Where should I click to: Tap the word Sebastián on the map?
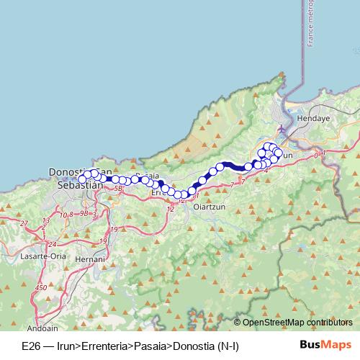(x=78, y=185)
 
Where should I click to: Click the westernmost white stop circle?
(x=82, y=177)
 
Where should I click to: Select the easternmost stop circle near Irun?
(x=279, y=153)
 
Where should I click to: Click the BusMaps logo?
(x=325, y=346)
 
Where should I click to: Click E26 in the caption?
(x=30, y=347)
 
